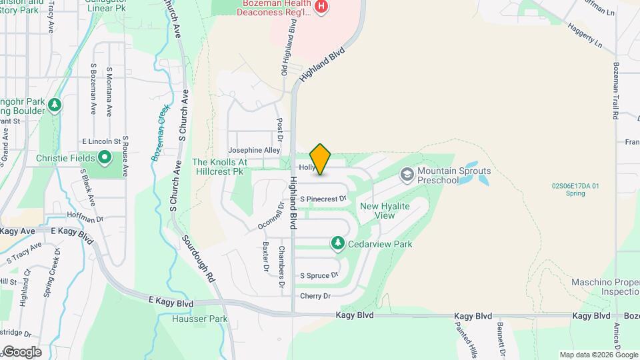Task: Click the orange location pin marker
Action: pos(321,159)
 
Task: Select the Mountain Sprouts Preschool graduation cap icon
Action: pos(406,175)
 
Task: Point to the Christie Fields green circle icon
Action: pos(105,158)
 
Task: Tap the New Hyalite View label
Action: pos(385,211)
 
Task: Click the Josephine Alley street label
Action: pos(254,151)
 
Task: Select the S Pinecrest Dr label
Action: pos(323,199)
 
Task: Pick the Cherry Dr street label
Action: pos(315,296)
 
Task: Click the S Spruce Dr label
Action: pos(319,275)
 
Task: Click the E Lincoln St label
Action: pos(101,142)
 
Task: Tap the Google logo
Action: pos(21,351)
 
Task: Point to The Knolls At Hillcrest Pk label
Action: pos(219,167)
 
